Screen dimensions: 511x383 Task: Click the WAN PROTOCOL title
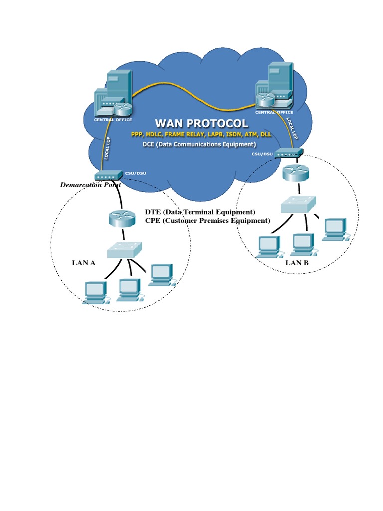click(x=201, y=123)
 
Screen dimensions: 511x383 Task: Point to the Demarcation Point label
click(x=90, y=185)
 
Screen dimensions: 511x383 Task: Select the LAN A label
click(x=84, y=263)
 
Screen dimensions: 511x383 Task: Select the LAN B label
click(x=297, y=263)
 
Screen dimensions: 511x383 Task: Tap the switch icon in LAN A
click(x=125, y=250)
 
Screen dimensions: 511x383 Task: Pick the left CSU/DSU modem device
click(x=108, y=176)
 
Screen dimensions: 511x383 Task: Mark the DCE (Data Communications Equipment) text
click(x=199, y=145)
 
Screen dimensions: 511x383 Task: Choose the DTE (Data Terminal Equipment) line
click(x=199, y=212)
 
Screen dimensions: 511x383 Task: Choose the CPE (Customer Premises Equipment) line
click(x=207, y=220)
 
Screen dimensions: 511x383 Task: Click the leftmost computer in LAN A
click(x=95, y=291)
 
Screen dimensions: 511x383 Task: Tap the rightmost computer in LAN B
click(x=335, y=228)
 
